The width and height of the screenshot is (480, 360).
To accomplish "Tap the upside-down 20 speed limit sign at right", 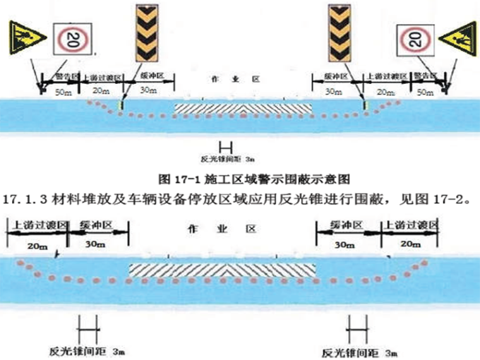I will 413,40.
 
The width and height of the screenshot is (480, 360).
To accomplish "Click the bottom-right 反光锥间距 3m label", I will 360,349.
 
